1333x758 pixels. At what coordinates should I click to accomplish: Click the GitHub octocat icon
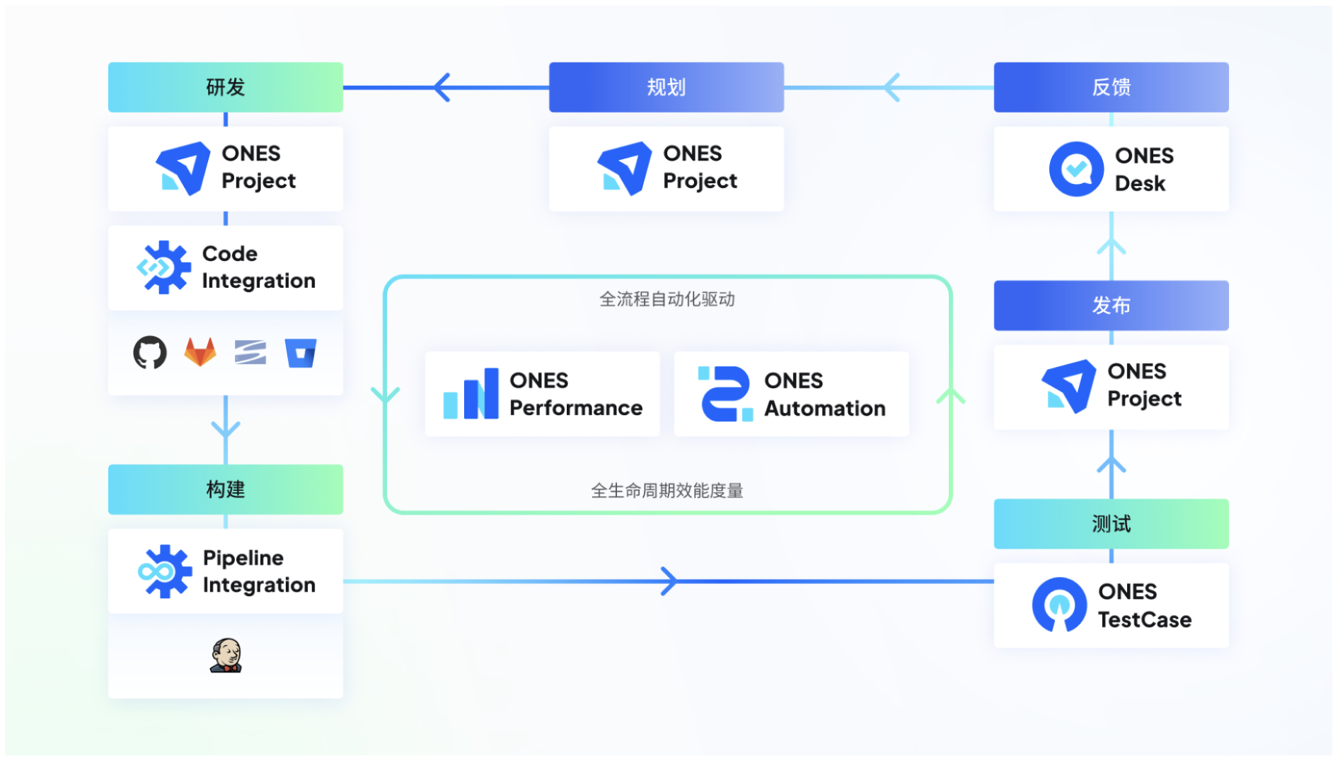(x=150, y=352)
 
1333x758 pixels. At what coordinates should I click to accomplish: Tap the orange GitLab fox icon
(x=200, y=352)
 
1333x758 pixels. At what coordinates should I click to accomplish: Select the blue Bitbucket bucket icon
(x=301, y=353)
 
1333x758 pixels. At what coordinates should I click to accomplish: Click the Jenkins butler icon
(x=226, y=655)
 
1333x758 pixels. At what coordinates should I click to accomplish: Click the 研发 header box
(x=226, y=87)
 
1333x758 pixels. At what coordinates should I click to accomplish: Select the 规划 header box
(x=666, y=87)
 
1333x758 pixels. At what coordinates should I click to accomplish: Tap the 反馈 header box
(x=1111, y=87)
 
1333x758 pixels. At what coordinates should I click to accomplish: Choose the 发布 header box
(x=1111, y=305)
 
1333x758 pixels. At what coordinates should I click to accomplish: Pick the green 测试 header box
(x=1111, y=524)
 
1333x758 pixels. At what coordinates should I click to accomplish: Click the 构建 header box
(x=226, y=489)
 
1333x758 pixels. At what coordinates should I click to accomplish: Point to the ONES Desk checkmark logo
(x=1076, y=169)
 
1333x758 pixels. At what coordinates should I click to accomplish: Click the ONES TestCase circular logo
(x=1059, y=605)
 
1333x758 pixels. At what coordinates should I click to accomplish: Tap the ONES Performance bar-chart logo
(x=471, y=395)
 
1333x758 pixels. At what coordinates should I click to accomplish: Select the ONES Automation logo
(x=725, y=394)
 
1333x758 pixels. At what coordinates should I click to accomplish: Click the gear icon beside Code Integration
(x=164, y=267)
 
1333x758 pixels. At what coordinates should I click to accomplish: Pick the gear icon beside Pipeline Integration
(x=165, y=571)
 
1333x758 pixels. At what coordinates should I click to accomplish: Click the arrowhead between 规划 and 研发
(x=443, y=88)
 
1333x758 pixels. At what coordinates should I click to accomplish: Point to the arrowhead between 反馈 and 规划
(x=893, y=88)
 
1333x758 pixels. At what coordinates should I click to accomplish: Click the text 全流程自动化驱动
(x=666, y=299)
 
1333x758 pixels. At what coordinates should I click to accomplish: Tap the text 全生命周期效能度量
(x=666, y=491)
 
